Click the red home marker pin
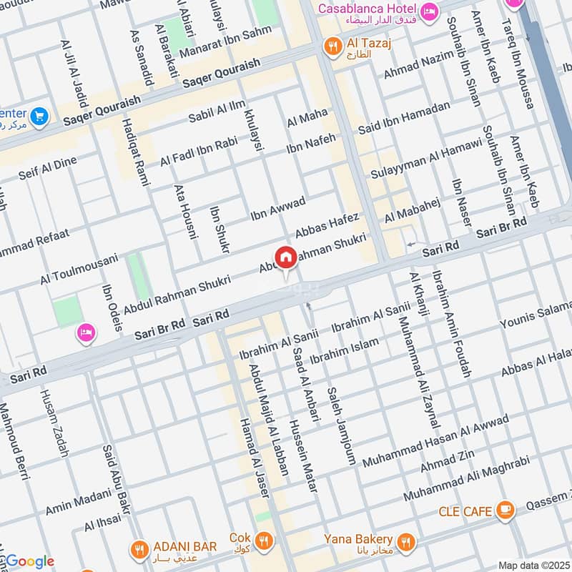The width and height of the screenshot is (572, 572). tap(285, 257)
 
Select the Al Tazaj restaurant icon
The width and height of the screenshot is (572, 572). tap(332, 47)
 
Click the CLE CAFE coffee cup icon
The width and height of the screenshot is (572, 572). tap(506, 510)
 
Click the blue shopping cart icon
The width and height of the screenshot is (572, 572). tap(39, 116)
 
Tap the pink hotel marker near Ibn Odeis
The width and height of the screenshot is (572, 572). tap(86, 332)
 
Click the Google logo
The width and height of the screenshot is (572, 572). tap(29, 561)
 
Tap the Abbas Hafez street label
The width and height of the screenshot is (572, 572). tap(328, 225)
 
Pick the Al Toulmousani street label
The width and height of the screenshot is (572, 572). tap(79, 269)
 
